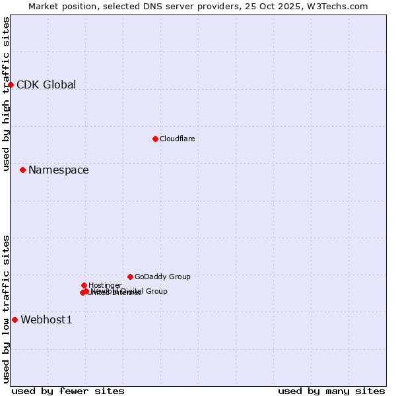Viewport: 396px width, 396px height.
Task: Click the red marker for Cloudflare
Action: tap(155, 139)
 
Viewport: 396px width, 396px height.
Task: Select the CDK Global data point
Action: tap(11, 84)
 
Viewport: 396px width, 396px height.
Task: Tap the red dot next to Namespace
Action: tap(22, 170)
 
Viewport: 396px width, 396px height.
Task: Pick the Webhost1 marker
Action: tap(15, 319)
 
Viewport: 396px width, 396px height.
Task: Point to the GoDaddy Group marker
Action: tap(130, 277)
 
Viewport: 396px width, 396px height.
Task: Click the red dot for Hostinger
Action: tap(84, 285)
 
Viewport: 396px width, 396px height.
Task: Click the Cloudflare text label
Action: tap(177, 139)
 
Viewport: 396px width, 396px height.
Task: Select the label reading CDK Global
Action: tap(46, 84)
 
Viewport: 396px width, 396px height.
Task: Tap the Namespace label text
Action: tap(58, 170)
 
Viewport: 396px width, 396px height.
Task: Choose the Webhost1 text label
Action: tap(46, 320)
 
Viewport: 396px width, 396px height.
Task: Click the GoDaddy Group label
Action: tap(162, 277)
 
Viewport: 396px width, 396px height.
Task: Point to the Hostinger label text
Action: tap(105, 285)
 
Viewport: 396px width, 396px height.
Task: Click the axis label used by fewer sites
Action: tap(68, 391)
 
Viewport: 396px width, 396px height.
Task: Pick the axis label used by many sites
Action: tap(331, 391)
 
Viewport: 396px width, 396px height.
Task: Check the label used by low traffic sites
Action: tap(6, 309)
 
